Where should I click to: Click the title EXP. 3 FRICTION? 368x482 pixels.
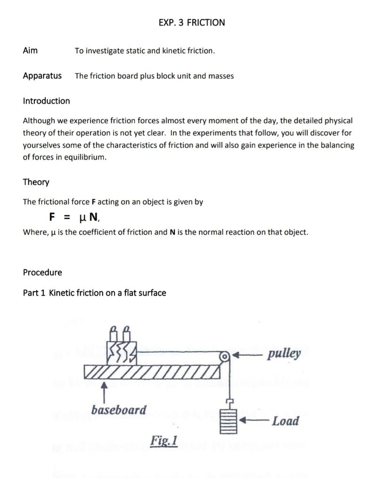tap(192, 23)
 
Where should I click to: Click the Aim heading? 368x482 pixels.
tap(30, 50)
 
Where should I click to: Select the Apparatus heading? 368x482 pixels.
tap(42, 76)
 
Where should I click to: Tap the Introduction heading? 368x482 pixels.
tap(46, 101)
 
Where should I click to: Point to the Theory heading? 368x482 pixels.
tap(36, 182)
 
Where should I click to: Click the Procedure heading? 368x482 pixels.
tap(42, 273)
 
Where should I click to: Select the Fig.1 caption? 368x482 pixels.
tap(164, 441)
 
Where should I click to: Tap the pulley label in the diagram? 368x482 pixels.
tap(284, 353)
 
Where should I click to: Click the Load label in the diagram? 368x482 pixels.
tap(286, 421)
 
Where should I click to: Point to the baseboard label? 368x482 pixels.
tap(119, 410)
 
